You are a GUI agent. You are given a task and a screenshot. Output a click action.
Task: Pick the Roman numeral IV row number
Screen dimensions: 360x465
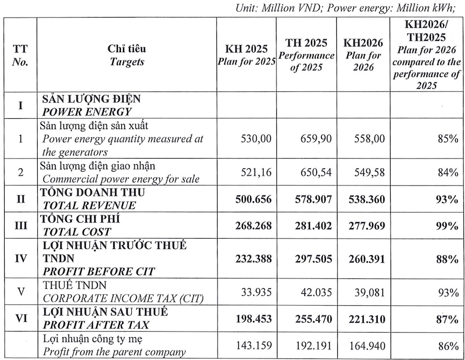point(21,257)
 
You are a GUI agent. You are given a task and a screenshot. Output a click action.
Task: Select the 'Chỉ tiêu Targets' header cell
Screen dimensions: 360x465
point(127,55)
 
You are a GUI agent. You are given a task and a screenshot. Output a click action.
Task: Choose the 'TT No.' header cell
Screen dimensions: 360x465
point(21,55)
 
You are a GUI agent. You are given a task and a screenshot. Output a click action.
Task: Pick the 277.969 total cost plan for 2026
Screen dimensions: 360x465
point(365,225)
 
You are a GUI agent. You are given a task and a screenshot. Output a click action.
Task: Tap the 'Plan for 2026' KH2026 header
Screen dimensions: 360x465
point(363,55)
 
